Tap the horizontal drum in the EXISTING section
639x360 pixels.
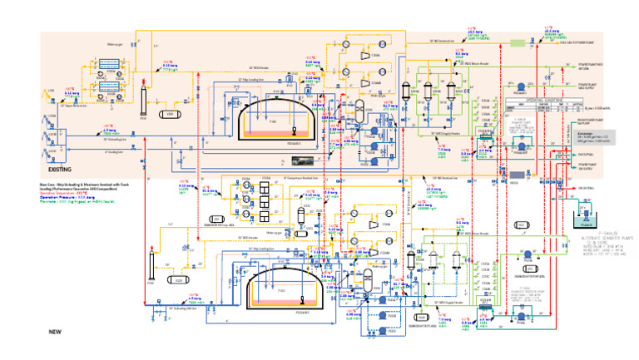tap(170, 114)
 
